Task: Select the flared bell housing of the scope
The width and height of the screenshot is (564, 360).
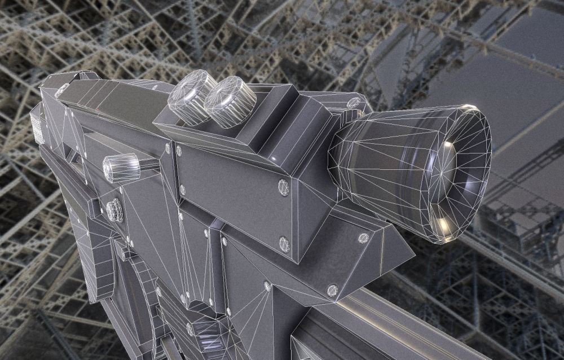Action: (x=384, y=158)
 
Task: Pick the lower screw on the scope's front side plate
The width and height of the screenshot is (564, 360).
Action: (x=284, y=244)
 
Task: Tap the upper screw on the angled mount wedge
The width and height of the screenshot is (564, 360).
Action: (x=364, y=238)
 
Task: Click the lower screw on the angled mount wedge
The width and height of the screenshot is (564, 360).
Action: (x=332, y=291)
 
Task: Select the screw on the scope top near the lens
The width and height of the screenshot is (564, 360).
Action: (x=354, y=103)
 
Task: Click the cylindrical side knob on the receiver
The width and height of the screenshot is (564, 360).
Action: (x=121, y=167)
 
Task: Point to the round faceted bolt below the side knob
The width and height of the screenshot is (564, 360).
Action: (x=114, y=210)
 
